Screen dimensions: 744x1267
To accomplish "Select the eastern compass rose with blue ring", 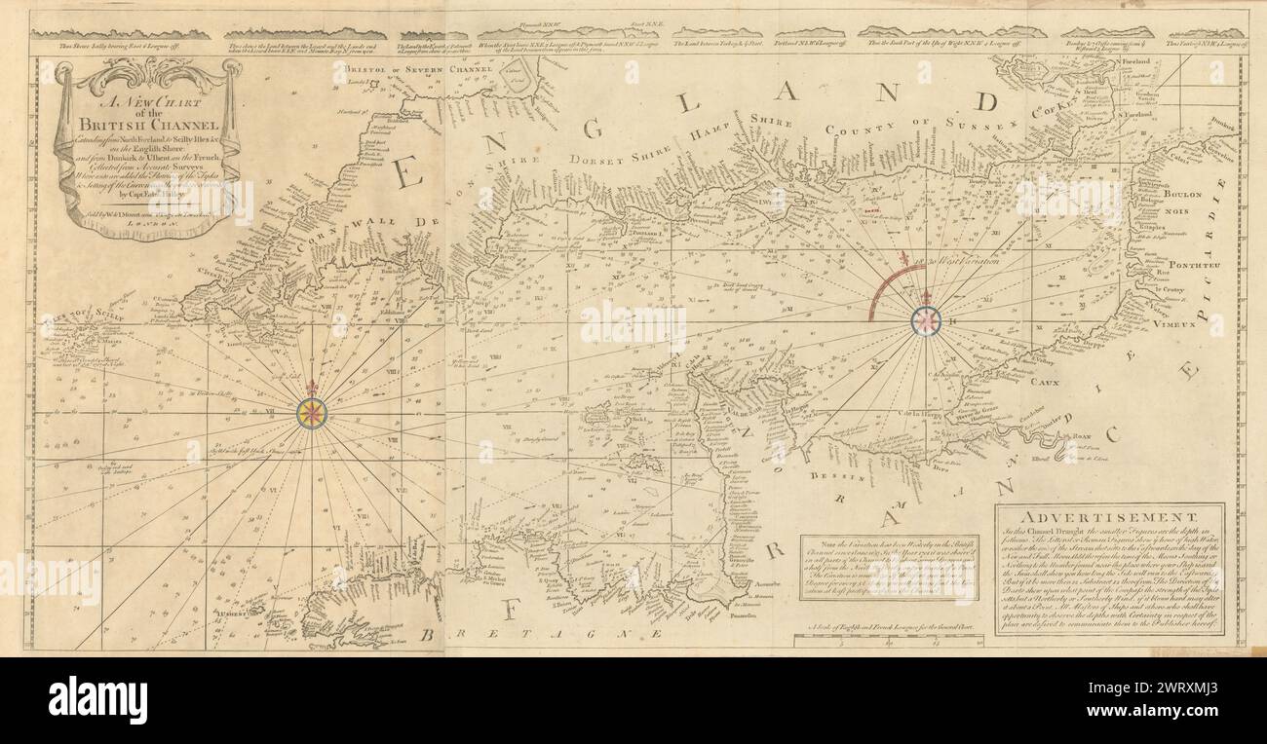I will click(x=925, y=320).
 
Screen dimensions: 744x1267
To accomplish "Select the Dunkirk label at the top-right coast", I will click(x=1219, y=126).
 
